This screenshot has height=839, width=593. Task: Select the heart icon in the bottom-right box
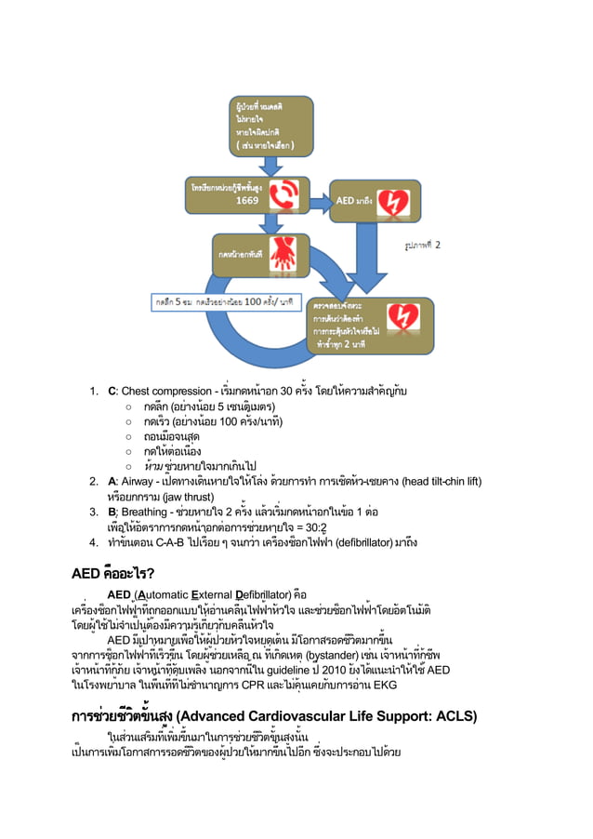(x=402, y=320)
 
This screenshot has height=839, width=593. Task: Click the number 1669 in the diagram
(x=247, y=200)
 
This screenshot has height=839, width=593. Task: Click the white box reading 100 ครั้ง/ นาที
(x=223, y=302)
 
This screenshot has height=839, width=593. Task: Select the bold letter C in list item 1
(x=112, y=389)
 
